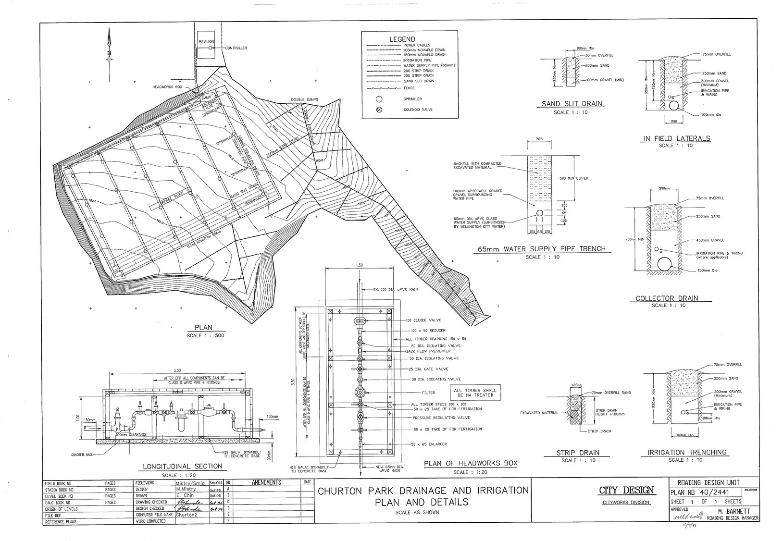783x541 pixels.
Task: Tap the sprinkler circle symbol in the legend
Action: click(x=379, y=99)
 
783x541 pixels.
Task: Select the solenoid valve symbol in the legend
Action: click(x=379, y=110)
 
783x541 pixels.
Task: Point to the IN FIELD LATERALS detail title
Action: click(x=675, y=138)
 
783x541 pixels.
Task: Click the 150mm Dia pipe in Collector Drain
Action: click(x=665, y=264)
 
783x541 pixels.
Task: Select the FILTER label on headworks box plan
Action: click(x=428, y=392)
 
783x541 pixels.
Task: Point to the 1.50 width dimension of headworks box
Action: click(x=359, y=265)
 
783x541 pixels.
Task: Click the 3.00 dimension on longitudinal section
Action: click(x=177, y=370)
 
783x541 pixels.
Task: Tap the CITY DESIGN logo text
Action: click(x=625, y=491)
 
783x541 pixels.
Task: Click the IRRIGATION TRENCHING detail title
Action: click(x=687, y=452)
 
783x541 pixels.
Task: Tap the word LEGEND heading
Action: click(x=403, y=39)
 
